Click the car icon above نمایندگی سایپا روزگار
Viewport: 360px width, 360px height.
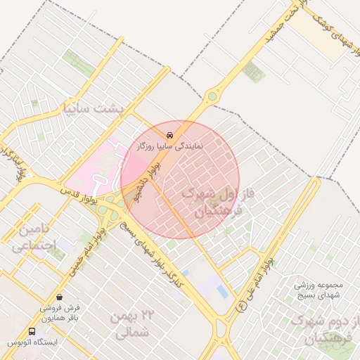(170, 134)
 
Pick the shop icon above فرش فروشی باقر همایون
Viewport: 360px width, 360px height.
(59, 297)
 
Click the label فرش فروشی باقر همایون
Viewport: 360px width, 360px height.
(59, 313)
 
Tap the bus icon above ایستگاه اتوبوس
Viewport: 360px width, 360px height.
(32, 331)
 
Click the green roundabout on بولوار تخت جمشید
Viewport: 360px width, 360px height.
(212, 96)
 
